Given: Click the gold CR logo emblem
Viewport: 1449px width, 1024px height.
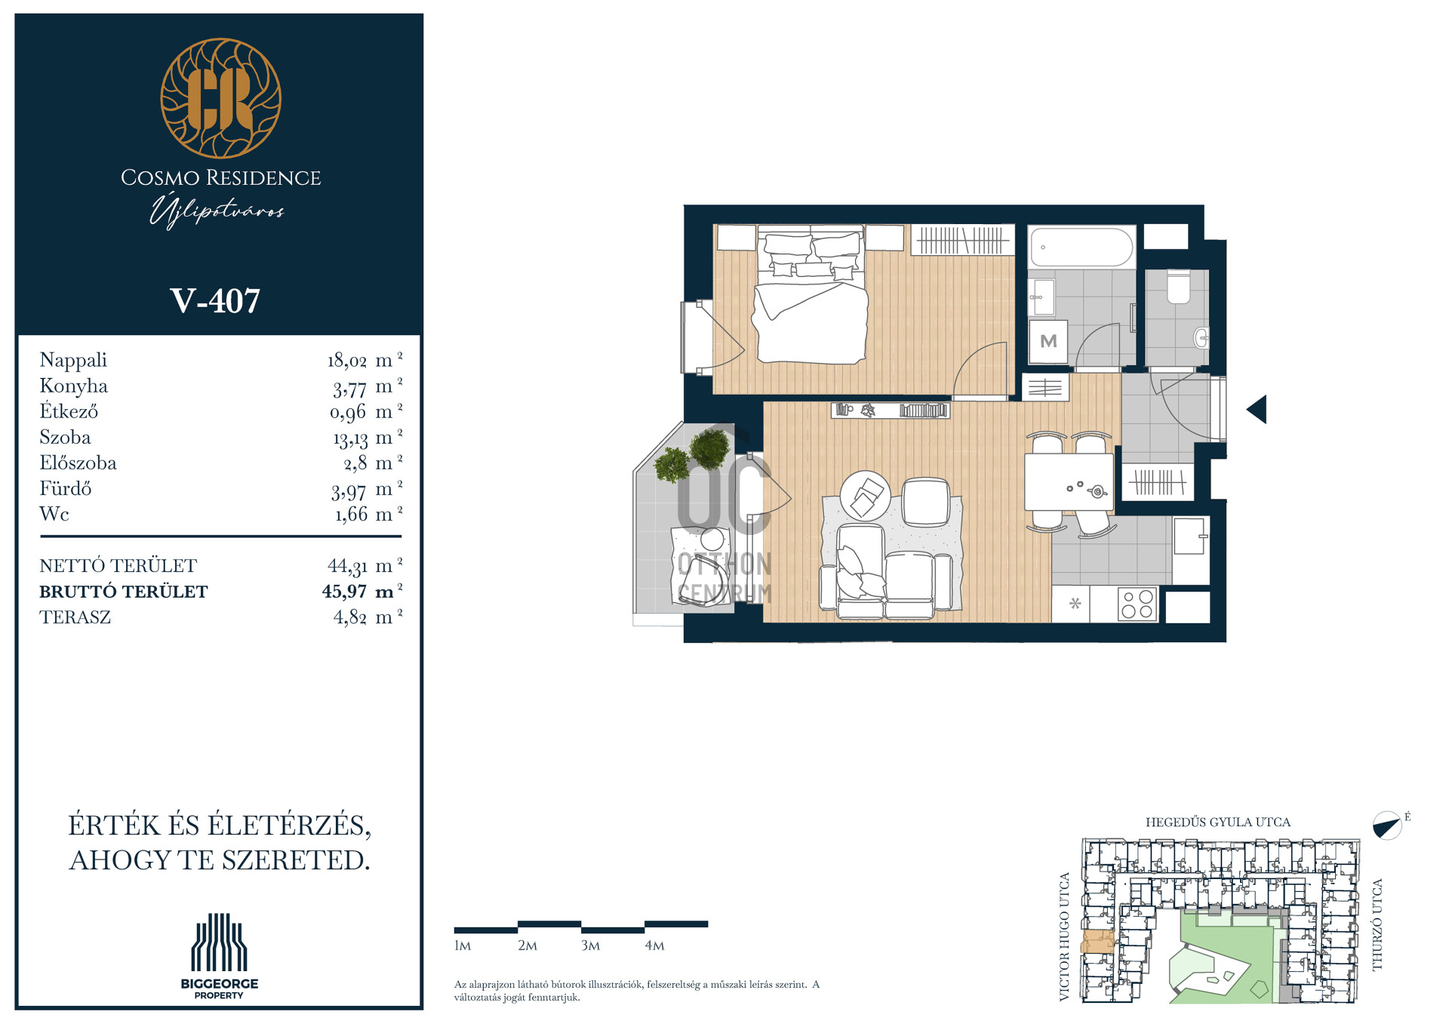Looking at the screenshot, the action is pyautogui.click(x=220, y=98).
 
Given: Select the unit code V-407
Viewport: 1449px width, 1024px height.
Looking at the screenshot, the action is pyautogui.click(x=215, y=301).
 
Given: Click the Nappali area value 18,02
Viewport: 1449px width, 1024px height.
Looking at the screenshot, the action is pyautogui.click(x=346, y=361).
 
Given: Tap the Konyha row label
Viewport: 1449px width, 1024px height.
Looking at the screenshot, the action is pyautogui.click(x=73, y=386).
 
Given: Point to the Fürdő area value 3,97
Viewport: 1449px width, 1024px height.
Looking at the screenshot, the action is pyautogui.click(x=349, y=490).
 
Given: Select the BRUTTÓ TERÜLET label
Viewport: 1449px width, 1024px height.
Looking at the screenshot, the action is pyautogui.click(x=124, y=592).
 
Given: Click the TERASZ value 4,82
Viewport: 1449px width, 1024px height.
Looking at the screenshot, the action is pyautogui.click(x=350, y=617).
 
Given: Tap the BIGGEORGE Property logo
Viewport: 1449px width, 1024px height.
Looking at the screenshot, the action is pyautogui.click(x=219, y=956).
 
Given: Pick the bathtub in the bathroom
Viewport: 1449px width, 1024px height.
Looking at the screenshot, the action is pyautogui.click(x=1081, y=246).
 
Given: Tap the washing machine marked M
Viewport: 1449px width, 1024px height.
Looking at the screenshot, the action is pyautogui.click(x=1048, y=341).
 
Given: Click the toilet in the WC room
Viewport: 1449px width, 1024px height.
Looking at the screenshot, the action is pyautogui.click(x=1178, y=287).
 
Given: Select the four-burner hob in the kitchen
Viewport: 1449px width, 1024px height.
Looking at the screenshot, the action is pyautogui.click(x=1137, y=604).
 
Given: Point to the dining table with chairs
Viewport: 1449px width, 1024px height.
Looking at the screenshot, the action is pyautogui.click(x=1069, y=481).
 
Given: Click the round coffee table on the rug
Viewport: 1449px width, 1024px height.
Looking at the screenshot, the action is pyautogui.click(x=866, y=495).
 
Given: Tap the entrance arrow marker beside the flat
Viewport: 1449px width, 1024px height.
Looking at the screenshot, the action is pyautogui.click(x=1257, y=409).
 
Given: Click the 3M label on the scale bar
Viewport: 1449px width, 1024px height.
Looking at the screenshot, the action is pyautogui.click(x=590, y=946).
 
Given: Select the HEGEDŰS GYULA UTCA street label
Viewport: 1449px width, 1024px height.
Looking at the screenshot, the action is pyautogui.click(x=1218, y=822).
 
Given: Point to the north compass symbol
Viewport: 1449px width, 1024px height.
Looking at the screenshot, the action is pyautogui.click(x=1387, y=826).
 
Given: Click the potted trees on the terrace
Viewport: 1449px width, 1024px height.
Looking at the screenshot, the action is pyautogui.click(x=692, y=454).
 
